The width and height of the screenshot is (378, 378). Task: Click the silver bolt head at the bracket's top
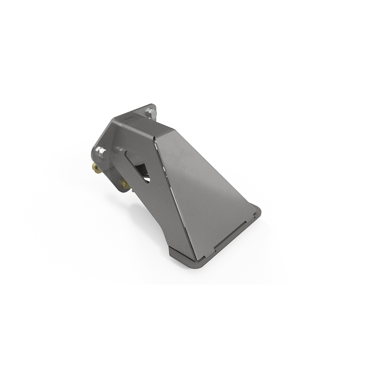(150, 113)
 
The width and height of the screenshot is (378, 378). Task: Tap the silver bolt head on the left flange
(101, 151)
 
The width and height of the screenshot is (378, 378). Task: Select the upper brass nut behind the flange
(95, 168)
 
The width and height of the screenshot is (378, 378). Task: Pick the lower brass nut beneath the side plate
(126, 185)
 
